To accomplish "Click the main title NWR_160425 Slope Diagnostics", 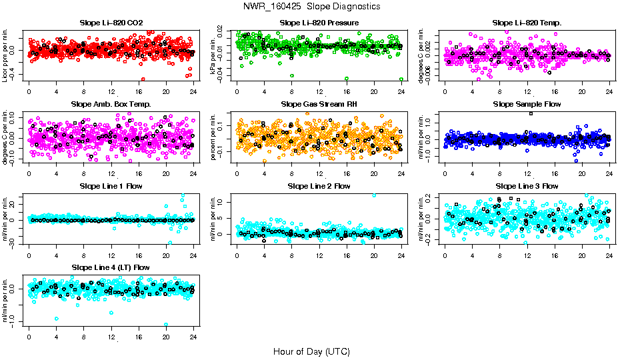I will (x=312, y=6).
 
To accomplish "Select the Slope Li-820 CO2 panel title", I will (x=111, y=23).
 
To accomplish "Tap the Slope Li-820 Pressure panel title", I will (x=319, y=23).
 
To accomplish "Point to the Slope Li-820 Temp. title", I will (x=527, y=23).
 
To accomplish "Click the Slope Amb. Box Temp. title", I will (x=111, y=104).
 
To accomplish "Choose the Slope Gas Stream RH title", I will (x=319, y=104).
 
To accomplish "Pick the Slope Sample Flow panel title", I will (x=527, y=104).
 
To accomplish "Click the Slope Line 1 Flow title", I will (x=111, y=186).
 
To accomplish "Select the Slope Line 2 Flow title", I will (x=319, y=186).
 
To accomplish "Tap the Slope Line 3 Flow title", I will (x=527, y=186).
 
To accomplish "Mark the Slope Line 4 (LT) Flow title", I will (x=111, y=267).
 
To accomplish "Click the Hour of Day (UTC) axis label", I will (x=311, y=351).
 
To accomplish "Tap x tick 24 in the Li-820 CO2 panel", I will (x=193, y=91).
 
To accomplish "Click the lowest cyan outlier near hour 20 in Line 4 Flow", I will (x=166, y=325).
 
